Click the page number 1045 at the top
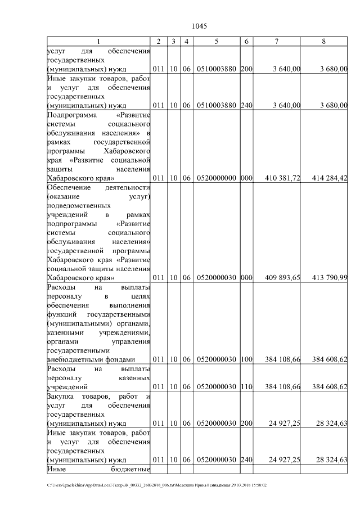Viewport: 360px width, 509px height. [200, 26]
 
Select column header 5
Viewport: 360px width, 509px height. [217, 42]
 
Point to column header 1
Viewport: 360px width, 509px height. [98, 42]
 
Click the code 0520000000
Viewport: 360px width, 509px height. [217, 178]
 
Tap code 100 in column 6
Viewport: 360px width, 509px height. [246, 360]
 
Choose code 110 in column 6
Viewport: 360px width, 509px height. [246, 387]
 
